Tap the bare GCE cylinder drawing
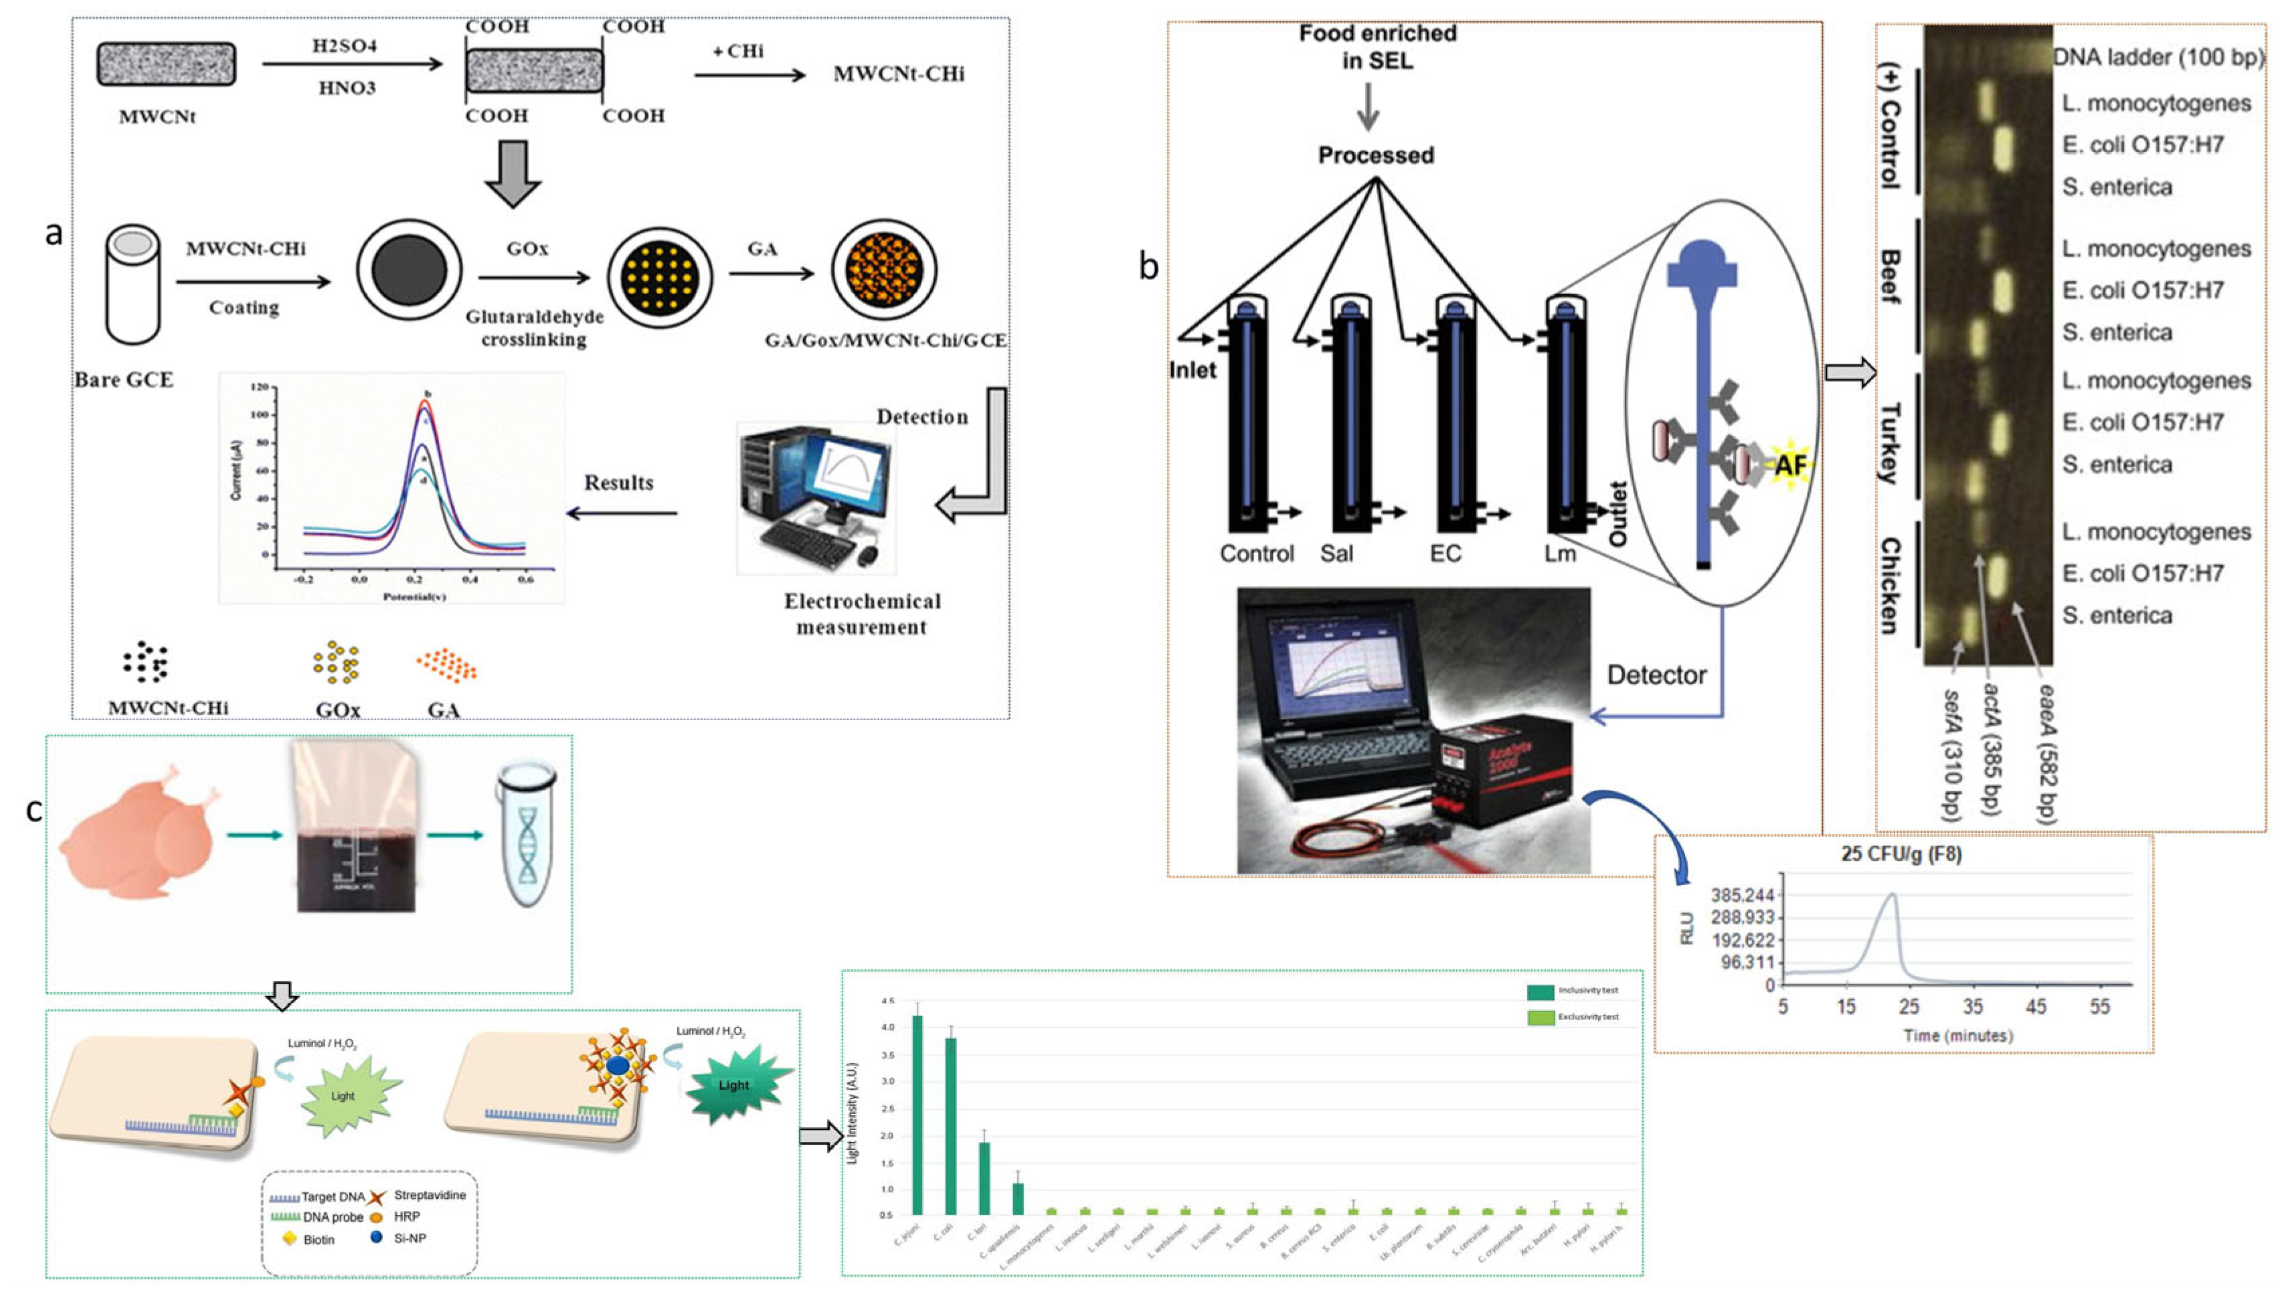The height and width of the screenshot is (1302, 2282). tap(133, 284)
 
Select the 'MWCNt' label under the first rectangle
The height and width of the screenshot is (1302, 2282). tap(157, 116)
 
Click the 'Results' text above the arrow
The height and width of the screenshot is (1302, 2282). tap(618, 483)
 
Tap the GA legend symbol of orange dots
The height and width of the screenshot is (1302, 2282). tap(446, 666)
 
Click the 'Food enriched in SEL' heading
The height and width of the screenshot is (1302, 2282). tap(1377, 46)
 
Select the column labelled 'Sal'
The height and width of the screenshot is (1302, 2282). tap(1350, 420)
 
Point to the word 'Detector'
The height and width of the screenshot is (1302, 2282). tap(1656, 675)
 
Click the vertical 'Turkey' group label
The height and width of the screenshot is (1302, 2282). tap(1888, 442)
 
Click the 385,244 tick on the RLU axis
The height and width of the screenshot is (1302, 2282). tap(1742, 895)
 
